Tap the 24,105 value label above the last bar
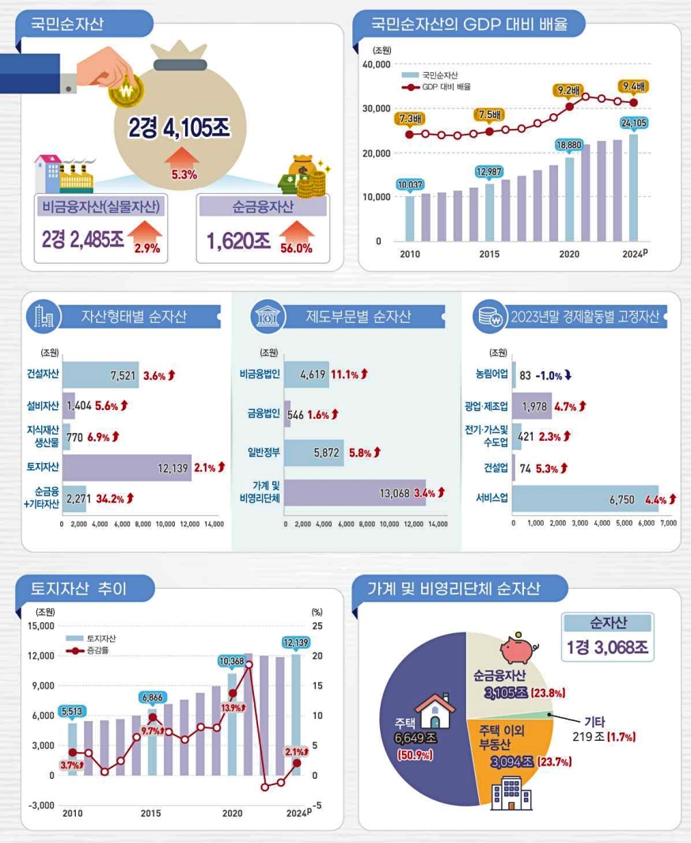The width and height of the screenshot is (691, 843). (634, 123)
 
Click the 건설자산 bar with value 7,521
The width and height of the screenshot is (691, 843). (101, 375)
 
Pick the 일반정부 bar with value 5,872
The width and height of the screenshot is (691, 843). (313, 452)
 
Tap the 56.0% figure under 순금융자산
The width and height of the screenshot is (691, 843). (296, 248)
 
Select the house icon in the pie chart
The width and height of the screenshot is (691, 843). (434, 710)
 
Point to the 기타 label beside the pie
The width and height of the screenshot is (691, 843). (594, 721)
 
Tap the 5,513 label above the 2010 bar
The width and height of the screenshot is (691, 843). (72, 712)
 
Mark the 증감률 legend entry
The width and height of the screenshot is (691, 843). (97, 651)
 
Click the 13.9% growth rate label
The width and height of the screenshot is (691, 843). (231, 708)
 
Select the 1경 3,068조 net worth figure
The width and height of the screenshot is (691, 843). (608, 647)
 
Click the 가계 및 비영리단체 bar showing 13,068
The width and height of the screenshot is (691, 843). (354, 492)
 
